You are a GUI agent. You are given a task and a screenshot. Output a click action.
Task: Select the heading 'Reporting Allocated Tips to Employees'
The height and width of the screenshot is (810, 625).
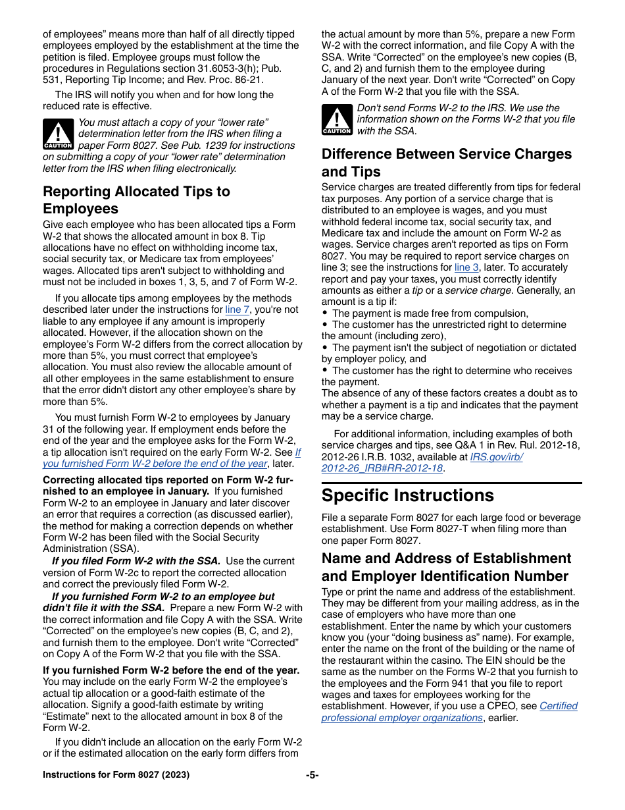[x=136, y=200]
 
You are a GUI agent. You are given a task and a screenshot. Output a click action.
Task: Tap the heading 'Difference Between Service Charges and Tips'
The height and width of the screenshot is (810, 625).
[x=447, y=163]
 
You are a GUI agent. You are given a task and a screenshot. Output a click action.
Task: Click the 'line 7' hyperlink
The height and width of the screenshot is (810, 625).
[x=237, y=310]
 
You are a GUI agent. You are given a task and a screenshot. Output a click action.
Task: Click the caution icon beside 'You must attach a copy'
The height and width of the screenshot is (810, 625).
[x=59, y=134]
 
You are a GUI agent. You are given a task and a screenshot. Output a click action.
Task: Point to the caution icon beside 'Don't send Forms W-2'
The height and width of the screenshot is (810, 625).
[x=337, y=119]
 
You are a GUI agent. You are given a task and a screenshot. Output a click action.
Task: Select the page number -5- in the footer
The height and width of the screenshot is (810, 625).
[x=312, y=774]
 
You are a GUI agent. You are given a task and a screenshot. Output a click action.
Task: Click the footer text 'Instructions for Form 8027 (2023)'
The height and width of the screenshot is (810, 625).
[x=116, y=774]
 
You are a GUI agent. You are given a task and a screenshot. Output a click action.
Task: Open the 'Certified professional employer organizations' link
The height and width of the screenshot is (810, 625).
[x=449, y=712]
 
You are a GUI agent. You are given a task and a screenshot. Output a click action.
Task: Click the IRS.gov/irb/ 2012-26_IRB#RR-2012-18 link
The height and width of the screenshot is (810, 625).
[x=421, y=462]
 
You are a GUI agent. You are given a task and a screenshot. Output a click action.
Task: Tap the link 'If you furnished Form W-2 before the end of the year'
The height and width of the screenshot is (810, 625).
[x=171, y=458]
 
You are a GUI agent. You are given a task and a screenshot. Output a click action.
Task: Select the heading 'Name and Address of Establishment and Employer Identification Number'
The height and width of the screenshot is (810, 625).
[x=446, y=567]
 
